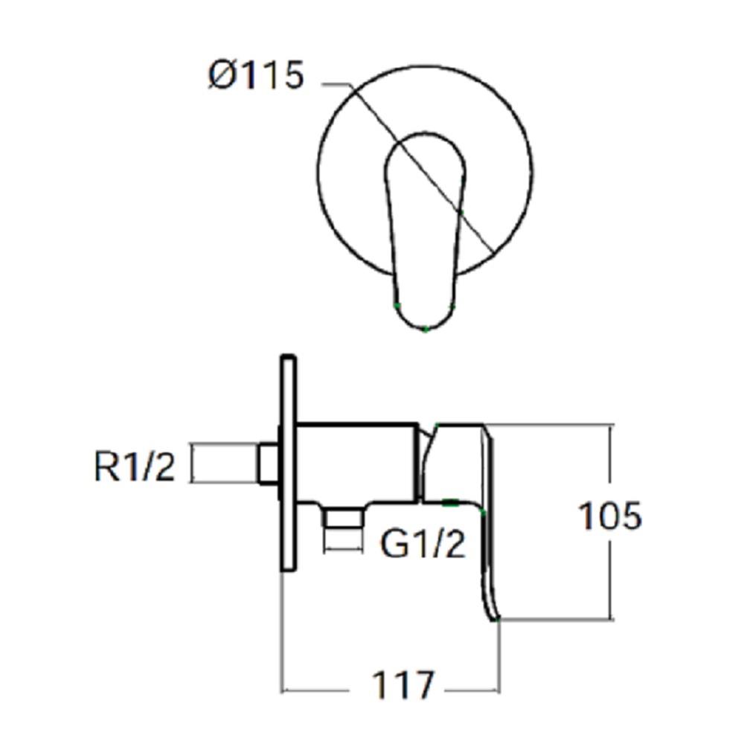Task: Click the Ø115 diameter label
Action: [257, 76]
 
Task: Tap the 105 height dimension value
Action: [609, 516]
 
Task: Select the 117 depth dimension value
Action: [403, 685]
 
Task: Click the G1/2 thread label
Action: [423, 545]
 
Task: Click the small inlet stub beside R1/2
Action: [268, 464]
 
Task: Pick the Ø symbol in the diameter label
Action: [221, 76]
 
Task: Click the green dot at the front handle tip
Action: [425, 329]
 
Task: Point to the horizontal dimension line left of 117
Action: [320, 690]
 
